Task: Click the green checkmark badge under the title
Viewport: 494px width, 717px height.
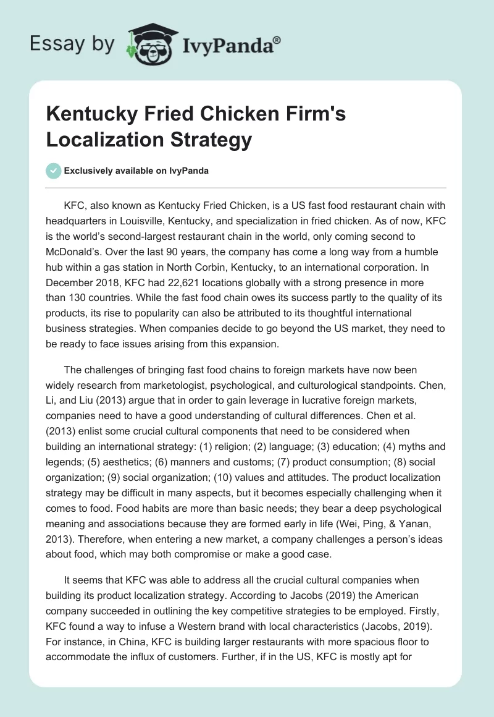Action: point(54,171)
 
